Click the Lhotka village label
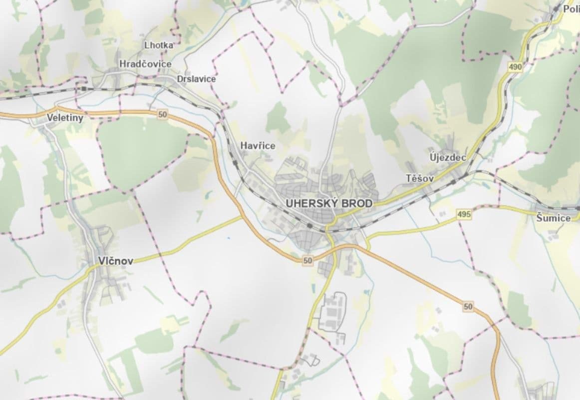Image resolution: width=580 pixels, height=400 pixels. coord(159,45)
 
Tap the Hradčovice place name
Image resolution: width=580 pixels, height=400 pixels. coord(145,64)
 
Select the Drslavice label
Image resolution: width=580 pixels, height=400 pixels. coord(196,79)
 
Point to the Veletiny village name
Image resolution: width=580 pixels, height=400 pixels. coord(65,118)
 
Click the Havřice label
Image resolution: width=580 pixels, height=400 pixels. coord(258,145)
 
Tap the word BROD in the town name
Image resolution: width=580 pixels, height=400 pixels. coord(357,204)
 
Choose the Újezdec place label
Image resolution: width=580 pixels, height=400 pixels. coord(448,157)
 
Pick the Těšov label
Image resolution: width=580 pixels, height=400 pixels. coord(420,178)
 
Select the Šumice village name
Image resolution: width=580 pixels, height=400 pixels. coord(553,218)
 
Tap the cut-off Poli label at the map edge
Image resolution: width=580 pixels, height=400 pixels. coord(571,9)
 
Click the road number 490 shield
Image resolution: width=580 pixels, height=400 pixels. coord(516,66)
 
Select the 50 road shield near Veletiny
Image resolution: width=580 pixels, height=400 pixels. coord(162,115)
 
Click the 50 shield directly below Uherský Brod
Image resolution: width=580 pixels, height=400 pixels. coord(307,260)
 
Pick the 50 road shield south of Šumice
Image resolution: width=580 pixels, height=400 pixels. coord(467,306)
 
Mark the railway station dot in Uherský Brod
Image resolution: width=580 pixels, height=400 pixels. coord(310,226)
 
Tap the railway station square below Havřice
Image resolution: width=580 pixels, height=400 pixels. coord(234,162)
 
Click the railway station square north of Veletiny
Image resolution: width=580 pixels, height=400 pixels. coord(84,88)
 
